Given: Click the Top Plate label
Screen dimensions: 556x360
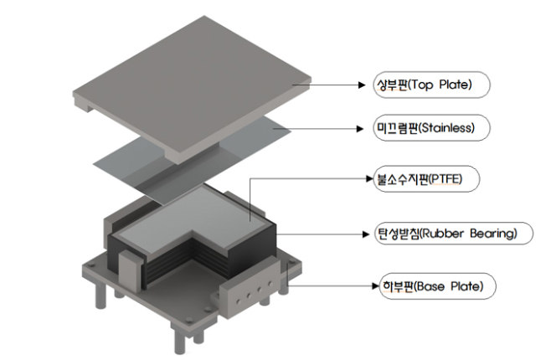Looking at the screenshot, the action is pos(431,85).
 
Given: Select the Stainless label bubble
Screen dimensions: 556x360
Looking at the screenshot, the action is pos(431,128).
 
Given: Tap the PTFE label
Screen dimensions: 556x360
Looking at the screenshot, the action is pos(426,179).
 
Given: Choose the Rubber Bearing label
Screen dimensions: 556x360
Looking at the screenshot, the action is pos(454,234).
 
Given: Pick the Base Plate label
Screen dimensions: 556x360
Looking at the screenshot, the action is pos(437,286).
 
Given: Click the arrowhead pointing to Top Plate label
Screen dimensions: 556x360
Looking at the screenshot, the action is pos(362,85).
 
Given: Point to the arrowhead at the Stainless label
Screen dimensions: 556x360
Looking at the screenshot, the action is pos(360,128).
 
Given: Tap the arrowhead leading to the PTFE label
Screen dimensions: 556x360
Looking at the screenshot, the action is pos(370,178).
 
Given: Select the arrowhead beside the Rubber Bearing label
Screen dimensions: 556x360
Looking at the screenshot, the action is pos(366,234).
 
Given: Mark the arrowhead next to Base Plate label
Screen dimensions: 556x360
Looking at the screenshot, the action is pos(376,285).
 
